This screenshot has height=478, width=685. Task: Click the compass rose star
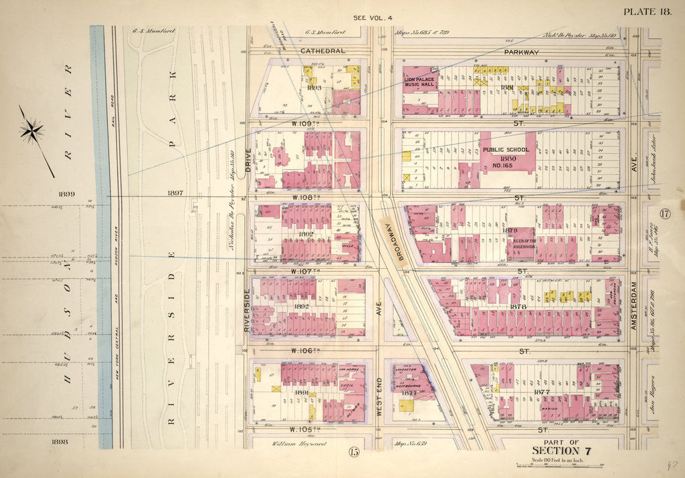(32, 130)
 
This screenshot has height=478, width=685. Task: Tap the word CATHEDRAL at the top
(322, 51)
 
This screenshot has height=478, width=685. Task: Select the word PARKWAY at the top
(521, 51)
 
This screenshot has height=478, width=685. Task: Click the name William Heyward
(292, 443)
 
